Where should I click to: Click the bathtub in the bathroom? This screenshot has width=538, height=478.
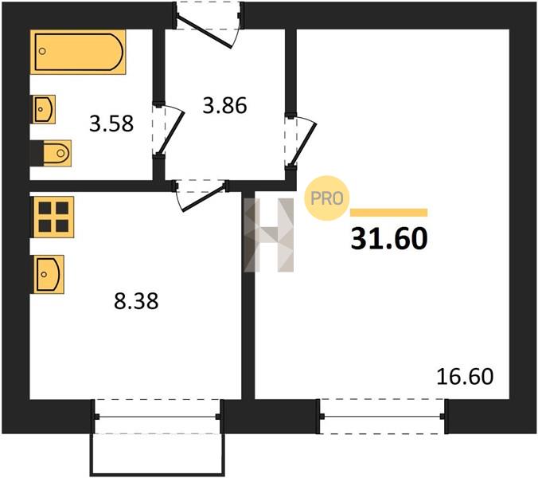coord(78,52)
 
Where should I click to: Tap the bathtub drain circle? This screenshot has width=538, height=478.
coord(42,52)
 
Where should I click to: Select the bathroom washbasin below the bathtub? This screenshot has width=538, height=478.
coord(45,109)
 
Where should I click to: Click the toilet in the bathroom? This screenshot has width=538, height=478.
coord(57,153)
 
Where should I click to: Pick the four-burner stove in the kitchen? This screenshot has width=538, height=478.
coord(53,217)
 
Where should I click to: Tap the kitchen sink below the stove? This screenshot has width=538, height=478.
coord(49,274)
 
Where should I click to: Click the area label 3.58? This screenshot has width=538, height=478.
coord(111,124)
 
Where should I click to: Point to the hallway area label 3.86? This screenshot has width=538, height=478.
coord(224,105)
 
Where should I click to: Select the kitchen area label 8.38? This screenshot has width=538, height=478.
coord(136,301)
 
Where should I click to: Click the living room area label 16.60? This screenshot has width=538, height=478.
coord(465,376)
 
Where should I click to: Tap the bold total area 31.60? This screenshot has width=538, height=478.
coord(389,239)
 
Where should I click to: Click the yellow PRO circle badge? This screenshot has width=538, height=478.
coord(327,198)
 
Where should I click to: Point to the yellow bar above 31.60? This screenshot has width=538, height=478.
coord(388,213)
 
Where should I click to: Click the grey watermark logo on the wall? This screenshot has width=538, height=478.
coord(269,235)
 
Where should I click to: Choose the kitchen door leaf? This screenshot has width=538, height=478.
coord(205,198)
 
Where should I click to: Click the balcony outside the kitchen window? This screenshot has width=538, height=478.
coord(157,455)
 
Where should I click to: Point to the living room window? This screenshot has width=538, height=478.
coord(383,417)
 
